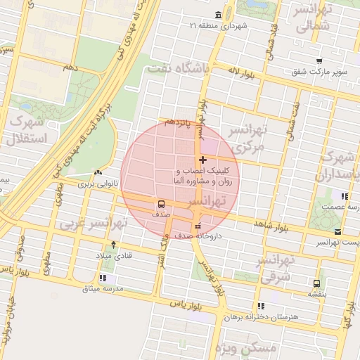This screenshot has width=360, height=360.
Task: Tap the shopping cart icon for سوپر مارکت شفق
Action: (319, 60)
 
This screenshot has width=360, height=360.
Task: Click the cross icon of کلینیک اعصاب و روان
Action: (203, 160)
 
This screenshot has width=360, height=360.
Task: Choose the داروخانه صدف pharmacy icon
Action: (198, 226)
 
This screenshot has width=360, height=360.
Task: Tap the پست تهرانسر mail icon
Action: (338, 231)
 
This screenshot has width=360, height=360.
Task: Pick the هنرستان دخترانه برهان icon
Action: (261, 306)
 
